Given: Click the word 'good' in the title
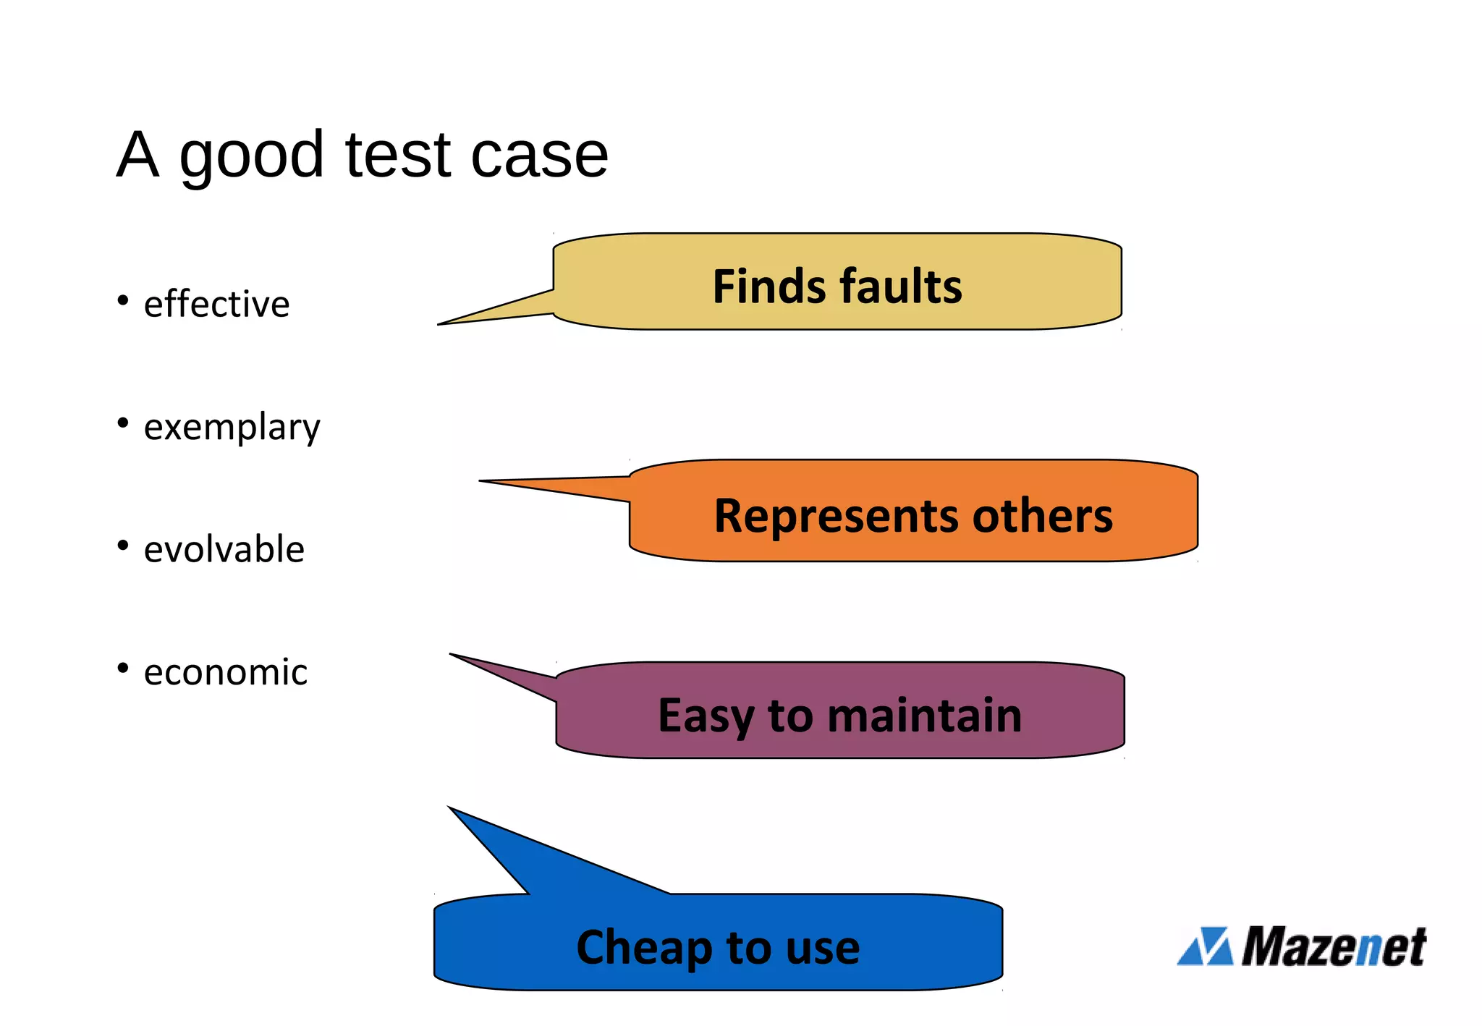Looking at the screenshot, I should point(251,156).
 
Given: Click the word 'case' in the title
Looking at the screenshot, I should point(539,156).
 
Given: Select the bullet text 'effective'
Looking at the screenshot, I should point(216,304).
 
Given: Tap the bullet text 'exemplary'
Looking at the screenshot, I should point(232,427).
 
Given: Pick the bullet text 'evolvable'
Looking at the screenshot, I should point(224,549).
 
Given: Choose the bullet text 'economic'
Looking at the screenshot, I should point(225,672).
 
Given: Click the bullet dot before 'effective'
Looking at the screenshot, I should point(123,300).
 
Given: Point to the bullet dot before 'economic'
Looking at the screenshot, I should point(123,668).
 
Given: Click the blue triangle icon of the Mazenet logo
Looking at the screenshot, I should point(1206,946).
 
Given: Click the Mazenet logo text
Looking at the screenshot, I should point(1334,946).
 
